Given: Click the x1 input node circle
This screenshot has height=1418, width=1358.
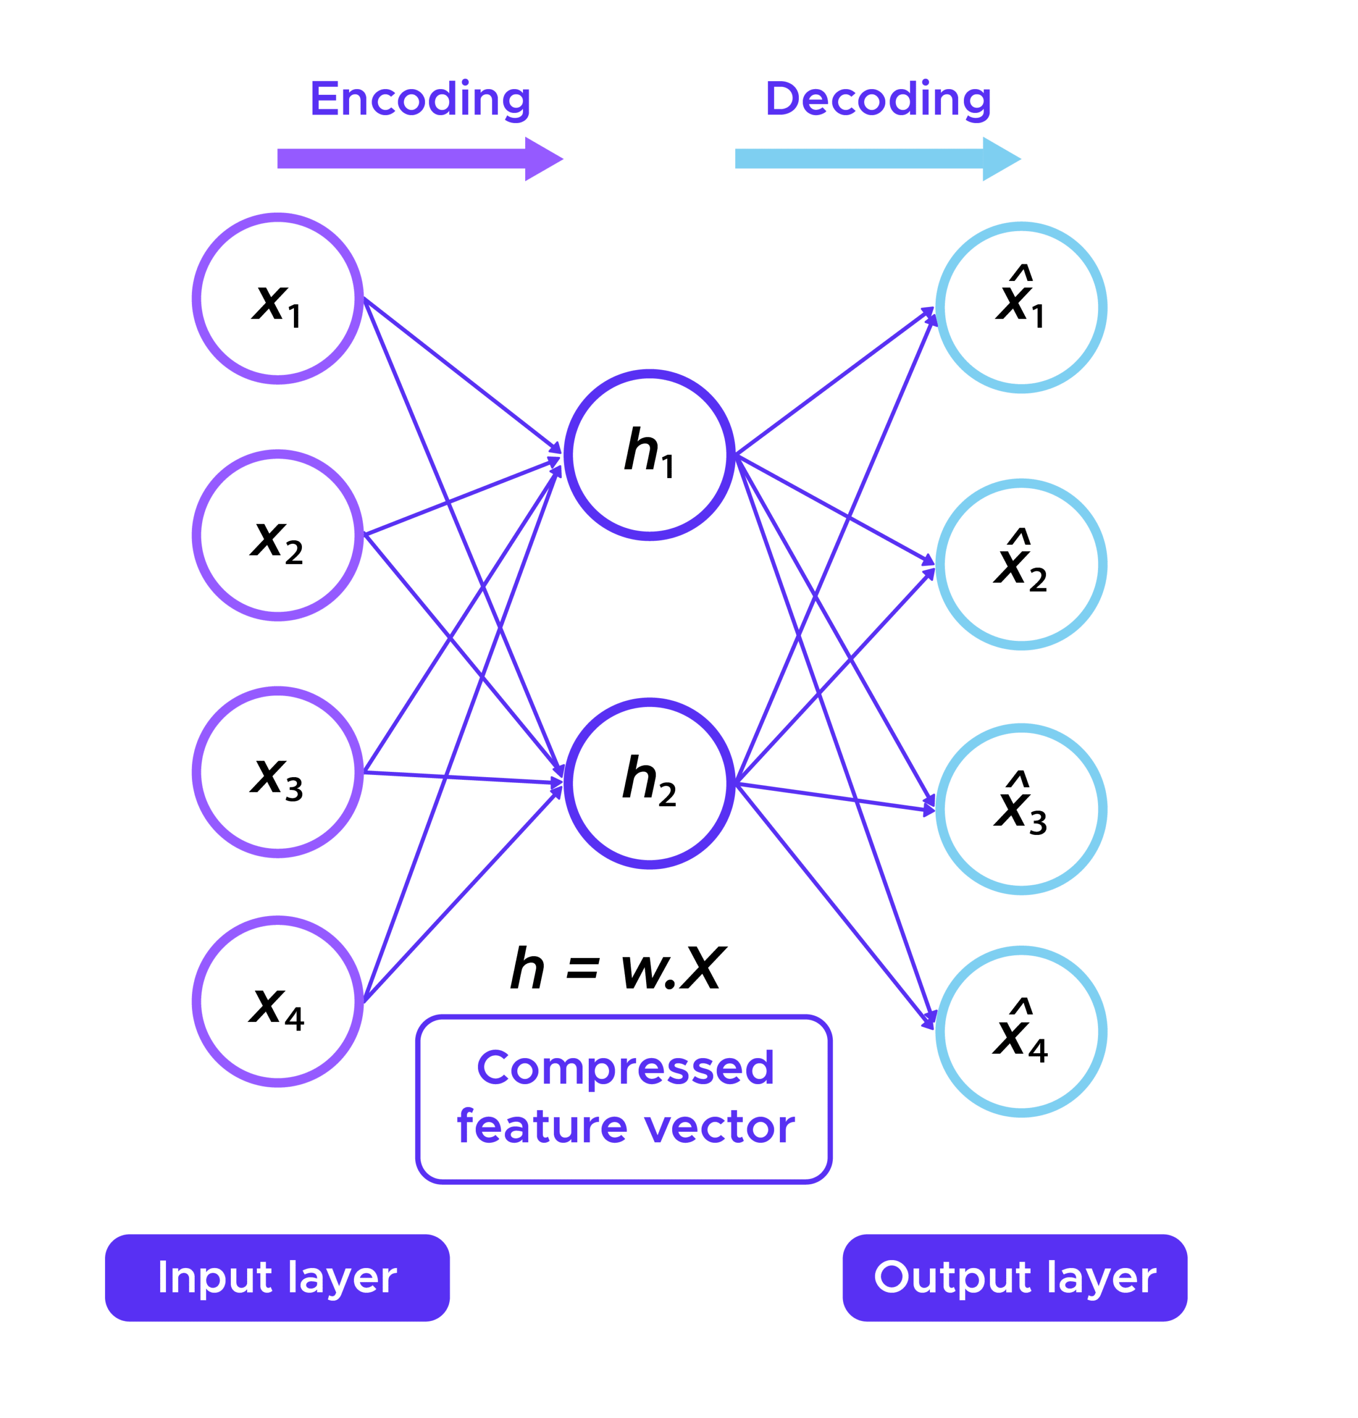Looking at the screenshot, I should [x=278, y=299].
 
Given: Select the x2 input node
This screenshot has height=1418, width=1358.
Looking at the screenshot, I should [x=278, y=535].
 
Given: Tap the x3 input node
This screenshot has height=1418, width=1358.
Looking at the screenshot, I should [x=278, y=772].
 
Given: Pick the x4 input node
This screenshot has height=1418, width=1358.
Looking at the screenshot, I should [x=278, y=1001].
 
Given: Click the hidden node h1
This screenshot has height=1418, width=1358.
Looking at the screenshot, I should [x=650, y=455].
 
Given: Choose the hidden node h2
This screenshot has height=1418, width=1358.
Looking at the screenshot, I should [x=650, y=783].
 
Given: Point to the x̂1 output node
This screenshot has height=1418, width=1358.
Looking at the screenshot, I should [x=1021, y=307].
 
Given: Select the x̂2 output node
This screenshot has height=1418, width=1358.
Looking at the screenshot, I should [x=1021, y=565].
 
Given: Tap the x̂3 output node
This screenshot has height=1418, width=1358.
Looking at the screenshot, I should [x=1021, y=809].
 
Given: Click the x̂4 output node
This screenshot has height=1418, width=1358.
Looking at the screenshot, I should [x=1021, y=1031].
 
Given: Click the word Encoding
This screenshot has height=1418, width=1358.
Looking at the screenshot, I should [x=421, y=100].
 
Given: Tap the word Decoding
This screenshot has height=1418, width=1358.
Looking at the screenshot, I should [x=878, y=100].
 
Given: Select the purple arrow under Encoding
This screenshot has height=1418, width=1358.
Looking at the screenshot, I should [x=420, y=158].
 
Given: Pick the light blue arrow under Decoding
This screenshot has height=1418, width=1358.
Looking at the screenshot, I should [x=877, y=158].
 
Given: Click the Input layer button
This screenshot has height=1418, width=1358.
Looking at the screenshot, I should [x=277, y=1278].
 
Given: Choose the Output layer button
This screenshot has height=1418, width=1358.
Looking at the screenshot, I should [x=1015, y=1278].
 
